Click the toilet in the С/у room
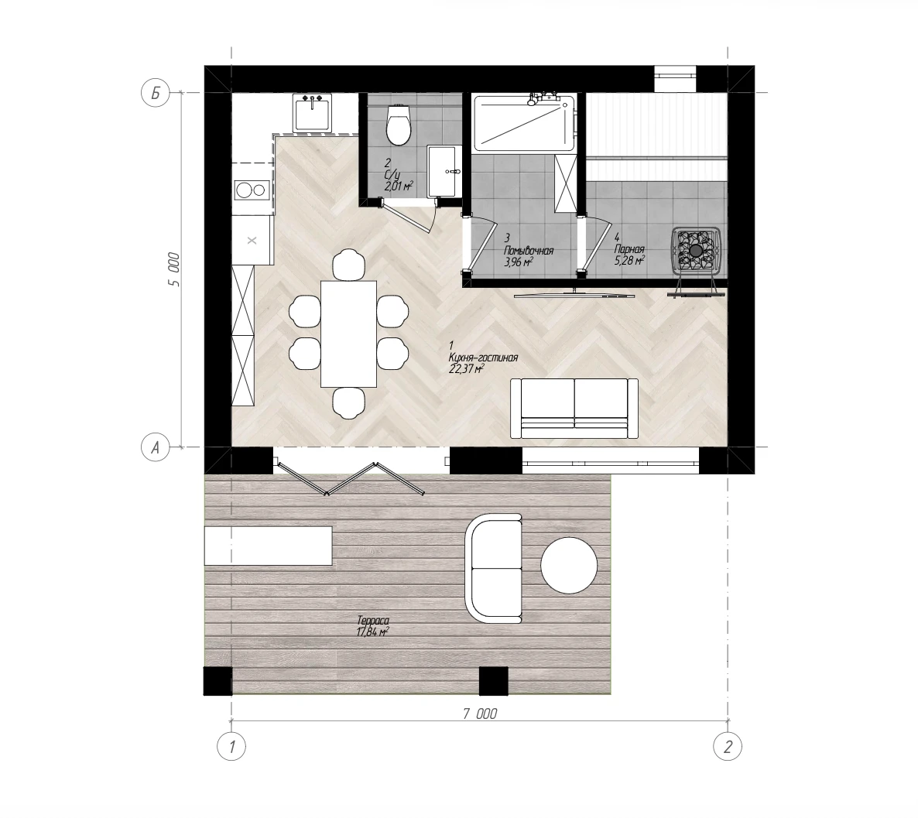399,125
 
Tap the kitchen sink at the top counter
313,112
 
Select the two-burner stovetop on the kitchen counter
252,190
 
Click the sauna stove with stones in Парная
696,250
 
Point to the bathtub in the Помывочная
523,123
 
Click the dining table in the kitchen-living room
348,334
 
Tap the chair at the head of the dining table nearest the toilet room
348,264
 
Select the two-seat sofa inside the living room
574,408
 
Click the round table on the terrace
569,565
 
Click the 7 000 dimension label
479,714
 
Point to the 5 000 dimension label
174,269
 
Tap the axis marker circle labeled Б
155,93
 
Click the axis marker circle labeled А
155,447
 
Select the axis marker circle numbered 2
728,747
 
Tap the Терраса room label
373,621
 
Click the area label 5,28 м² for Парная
629,260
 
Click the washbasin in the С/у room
442,171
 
